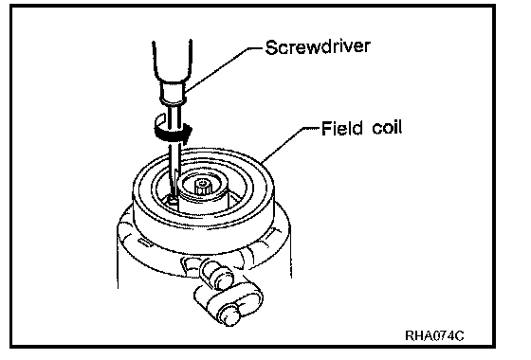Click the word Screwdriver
pyautogui.click(x=318, y=46)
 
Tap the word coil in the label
pyautogui.click(x=387, y=128)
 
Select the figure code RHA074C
pyautogui.click(x=434, y=335)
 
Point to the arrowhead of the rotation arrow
pyautogui.click(x=188, y=132)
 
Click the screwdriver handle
pyautogui.click(x=173, y=60)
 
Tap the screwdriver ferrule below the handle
pyautogui.click(x=173, y=91)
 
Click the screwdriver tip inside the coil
pyautogui.click(x=174, y=200)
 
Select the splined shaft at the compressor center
pyautogui.click(x=203, y=186)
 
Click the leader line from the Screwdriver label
pyautogui.click(x=222, y=68)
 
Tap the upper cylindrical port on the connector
pyautogui.click(x=216, y=274)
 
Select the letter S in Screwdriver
pyautogui.click(x=271, y=47)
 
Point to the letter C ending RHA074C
pyautogui.click(x=459, y=335)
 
